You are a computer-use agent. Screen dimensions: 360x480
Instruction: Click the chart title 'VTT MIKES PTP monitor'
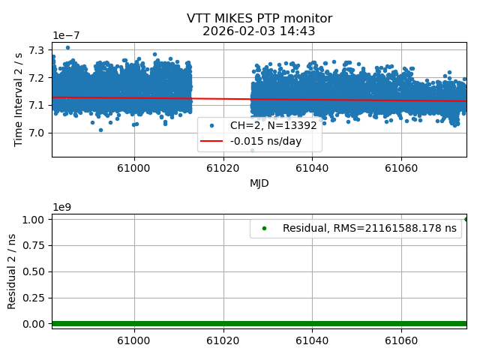[259, 19]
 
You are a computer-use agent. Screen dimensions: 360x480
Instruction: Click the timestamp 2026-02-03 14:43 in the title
[259, 31]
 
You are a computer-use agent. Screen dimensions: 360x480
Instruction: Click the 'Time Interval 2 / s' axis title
[19, 100]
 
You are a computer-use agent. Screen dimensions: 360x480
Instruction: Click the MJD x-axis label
[259, 183]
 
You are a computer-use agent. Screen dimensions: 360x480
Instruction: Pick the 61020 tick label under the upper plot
[223, 169]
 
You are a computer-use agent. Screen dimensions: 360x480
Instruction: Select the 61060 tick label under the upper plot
[401, 169]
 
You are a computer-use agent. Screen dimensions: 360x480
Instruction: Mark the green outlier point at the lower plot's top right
[466, 219]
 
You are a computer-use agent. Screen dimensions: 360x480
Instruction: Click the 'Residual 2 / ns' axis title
[12, 271]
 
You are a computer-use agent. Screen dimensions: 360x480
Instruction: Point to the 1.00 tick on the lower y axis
[34, 219]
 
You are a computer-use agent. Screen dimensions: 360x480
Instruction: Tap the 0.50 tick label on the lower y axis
[34, 271]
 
